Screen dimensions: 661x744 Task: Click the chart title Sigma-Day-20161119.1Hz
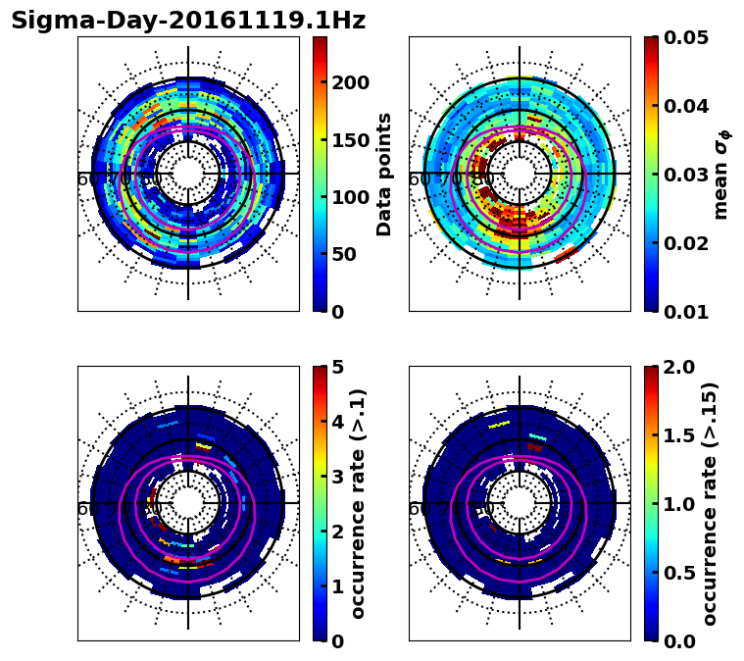pos(188,21)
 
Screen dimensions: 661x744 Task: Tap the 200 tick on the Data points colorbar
pos(349,82)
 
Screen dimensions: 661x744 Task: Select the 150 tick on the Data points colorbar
pos(349,139)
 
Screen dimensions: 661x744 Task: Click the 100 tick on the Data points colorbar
pos(349,197)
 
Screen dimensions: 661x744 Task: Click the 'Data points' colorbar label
pos(384,174)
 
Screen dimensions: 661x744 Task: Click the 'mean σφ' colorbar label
pos(720,174)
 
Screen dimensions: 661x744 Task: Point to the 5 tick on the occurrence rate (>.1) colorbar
pos(338,367)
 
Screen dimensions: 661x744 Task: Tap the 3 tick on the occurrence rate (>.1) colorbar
pos(338,477)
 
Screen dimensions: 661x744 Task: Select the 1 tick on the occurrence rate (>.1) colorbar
pos(338,586)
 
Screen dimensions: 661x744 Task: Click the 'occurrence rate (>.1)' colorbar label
pos(358,503)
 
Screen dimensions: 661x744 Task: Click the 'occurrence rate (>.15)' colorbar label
pos(710,503)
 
